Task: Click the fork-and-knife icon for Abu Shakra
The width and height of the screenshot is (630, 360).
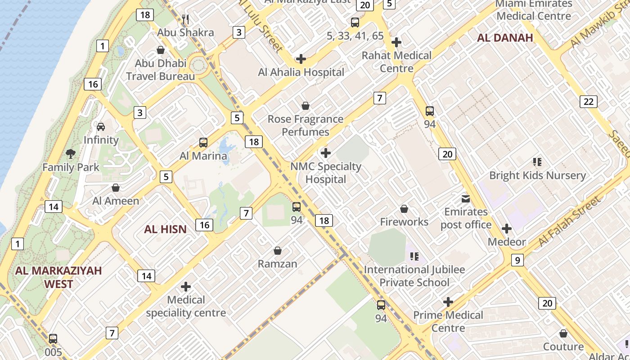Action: pos(185,19)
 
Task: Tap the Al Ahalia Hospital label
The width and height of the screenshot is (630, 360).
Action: pos(301,72)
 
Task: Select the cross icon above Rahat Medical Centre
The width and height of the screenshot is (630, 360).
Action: pos(396,43)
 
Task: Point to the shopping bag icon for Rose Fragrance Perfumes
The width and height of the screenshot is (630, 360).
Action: pos(306,106)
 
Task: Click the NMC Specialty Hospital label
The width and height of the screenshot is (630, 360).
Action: pos(325,173)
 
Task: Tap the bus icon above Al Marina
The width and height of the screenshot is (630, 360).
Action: pos(203,143)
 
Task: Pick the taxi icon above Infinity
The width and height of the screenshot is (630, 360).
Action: pos(101,127)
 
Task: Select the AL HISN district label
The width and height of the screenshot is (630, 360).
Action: pos(165,229)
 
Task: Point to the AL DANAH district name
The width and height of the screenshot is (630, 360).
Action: pos(505,38)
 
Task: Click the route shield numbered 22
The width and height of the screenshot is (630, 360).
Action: pos(589,102)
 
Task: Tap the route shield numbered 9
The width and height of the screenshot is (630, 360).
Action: pos(517,260)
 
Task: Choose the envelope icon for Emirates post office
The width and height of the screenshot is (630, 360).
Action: pos(465,198)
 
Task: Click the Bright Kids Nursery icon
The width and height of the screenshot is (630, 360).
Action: pos(537,162)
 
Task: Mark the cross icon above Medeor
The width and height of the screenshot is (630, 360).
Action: pos(507,229)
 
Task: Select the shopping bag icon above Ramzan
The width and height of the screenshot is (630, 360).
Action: pos(278,251)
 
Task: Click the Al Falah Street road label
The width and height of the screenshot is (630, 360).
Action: pos(569,221)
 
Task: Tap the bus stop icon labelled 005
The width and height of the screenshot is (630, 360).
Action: pos(53,339)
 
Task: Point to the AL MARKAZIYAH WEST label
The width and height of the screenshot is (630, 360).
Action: pos(58,277)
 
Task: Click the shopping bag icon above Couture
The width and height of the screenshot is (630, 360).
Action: pos(563,334)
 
